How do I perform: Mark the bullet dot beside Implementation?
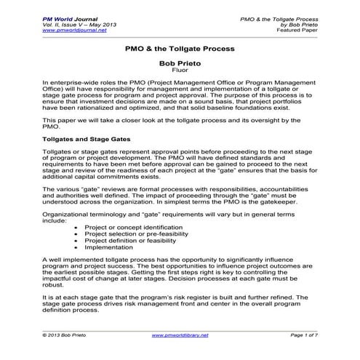point(78,248)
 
